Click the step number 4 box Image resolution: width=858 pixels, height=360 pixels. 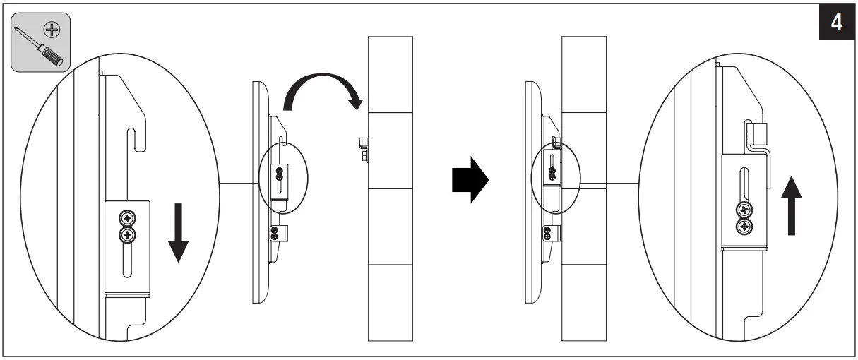tap(835, 23)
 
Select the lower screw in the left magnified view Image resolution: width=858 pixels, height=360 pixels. tap(128, 235)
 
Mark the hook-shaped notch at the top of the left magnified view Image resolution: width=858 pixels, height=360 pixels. tap(131, 138)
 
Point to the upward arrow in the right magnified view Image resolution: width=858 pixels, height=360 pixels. tap(792, 205)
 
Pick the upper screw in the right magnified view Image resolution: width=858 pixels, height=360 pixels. tap(744, 210)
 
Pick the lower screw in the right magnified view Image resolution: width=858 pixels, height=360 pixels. tap(744, 226)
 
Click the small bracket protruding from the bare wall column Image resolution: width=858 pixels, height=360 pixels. tap(364, 148)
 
